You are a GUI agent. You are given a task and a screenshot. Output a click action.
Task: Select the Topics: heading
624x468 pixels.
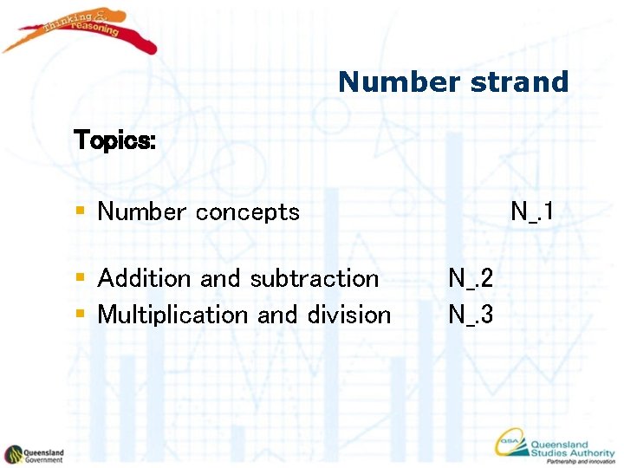click(115, 140)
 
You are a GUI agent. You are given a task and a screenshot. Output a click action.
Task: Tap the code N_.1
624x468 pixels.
click(532, 211)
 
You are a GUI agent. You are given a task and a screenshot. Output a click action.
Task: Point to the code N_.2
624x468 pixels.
click(471, 278)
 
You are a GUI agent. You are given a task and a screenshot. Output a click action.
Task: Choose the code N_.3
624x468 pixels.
click(471, 315)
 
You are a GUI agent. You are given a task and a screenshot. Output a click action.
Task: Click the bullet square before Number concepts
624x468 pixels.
click(80, 211)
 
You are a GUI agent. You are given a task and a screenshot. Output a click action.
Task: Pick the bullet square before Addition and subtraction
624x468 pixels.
click(80, 278)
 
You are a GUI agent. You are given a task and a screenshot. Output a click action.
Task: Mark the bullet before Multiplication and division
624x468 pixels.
click(80, 315)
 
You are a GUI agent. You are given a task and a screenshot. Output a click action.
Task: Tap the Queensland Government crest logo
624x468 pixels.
click(14, 454)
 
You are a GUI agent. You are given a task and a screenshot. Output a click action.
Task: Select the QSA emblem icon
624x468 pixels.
click(510, 444)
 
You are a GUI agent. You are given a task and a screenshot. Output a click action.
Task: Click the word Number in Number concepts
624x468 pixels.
click(142, 211)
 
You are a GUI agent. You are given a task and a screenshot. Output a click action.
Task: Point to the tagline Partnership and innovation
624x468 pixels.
click(581, 461)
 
